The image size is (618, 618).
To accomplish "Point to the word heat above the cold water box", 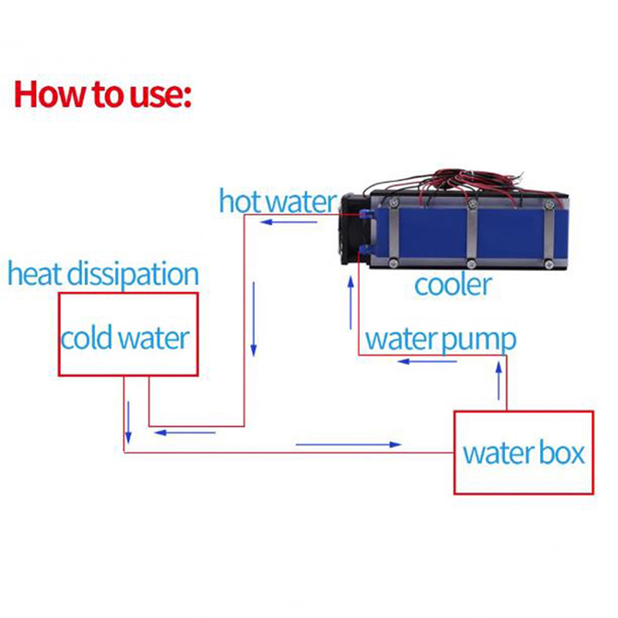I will (36, 274).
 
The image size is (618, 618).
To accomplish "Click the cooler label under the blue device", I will (453, 285).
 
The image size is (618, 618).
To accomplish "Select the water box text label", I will (523, 453).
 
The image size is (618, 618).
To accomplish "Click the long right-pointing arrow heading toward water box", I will (349, 444).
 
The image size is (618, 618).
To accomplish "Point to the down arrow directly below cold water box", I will (130, 417).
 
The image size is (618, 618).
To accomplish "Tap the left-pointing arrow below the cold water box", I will (185, 432).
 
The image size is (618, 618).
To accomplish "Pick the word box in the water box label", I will (557, 453).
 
